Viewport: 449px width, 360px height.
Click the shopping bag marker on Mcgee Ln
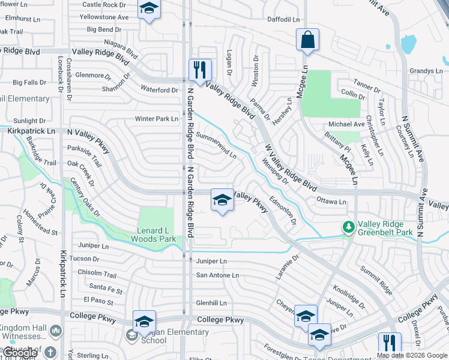pos(307,40)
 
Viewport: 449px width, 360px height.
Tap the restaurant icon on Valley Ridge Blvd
pos(200,70)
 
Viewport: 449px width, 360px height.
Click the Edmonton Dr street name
pos(283,211)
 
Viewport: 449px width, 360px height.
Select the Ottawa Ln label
pos(331,202)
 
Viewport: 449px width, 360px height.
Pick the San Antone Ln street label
pos(217,275)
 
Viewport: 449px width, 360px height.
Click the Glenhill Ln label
pos(211,303)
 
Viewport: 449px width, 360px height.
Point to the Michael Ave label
pos(346,124)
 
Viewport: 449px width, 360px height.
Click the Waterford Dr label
pos(159,90)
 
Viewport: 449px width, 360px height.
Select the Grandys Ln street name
pos(426,71)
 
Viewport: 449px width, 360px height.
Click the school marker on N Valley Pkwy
pos(222,200)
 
